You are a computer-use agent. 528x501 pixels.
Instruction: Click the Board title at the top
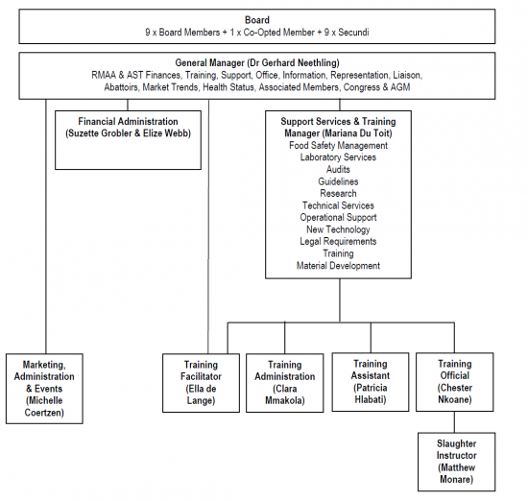pos(257,20)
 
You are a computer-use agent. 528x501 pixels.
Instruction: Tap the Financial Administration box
pos(128,140)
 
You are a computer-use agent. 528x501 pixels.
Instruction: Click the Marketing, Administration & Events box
pos(44,389)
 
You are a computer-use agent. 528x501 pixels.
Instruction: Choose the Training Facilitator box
pos(201,383)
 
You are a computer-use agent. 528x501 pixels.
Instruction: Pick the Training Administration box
pos(285,383)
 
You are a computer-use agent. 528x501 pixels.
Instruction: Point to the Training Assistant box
pos(371,382)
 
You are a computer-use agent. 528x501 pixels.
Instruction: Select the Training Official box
pos(455,382)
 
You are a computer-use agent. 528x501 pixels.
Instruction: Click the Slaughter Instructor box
pos(457,462)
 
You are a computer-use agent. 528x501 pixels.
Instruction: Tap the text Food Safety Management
pos(338,146)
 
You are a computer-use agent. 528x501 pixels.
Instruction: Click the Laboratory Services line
pos(338,157)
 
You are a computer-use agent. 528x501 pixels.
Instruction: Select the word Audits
pos(338,169)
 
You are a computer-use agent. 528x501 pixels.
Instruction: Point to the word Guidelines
pos(338,181)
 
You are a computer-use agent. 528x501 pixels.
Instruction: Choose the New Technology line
pos(338,229)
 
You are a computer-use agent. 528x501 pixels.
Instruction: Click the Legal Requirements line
pos(338,242)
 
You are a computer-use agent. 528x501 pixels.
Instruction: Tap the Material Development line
pos(338,266)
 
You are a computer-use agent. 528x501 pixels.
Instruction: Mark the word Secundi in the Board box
pos(353,33)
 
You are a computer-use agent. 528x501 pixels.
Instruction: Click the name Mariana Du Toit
pos(357,133)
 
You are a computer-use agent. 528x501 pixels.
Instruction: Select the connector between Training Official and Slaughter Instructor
pos(454,422)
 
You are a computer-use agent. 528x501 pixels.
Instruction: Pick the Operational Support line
pos(338,218)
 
